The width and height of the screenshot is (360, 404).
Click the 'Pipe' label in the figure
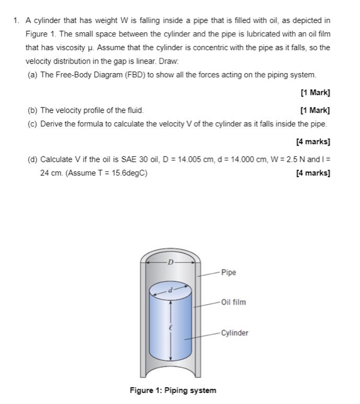coord(228,272)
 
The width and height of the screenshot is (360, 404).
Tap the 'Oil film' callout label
coord(233,302)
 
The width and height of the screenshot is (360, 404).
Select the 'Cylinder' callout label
coord(235,333)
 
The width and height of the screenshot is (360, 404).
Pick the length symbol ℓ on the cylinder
coord(170,327)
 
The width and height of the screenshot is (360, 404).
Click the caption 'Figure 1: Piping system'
coord(173,391)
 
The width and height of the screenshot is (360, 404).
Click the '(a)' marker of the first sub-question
coord(32,76)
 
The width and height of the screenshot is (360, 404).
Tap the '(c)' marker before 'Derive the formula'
coord(32,124)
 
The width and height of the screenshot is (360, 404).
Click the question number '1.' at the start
coord(17,20)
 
